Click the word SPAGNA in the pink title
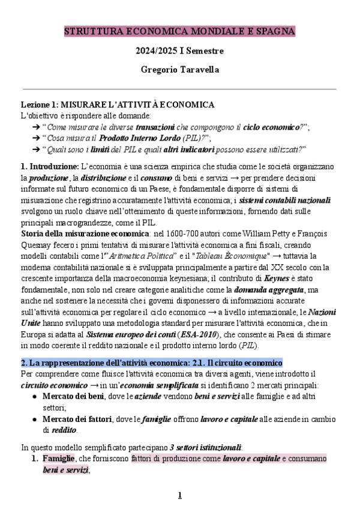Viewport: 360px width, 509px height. click(x=275, y=31)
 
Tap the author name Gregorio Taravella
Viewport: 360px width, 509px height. click(x=179, y=70)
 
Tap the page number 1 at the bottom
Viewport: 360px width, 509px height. click(x=179, y=495)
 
